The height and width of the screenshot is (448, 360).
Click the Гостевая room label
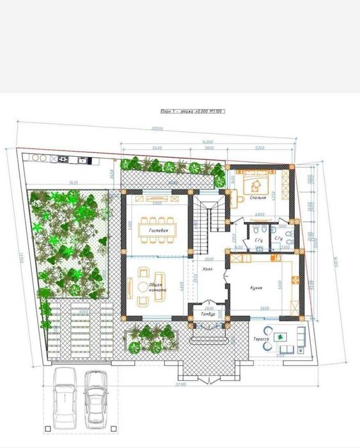pos(159,230)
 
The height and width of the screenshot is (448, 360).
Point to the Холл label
pos(207,269)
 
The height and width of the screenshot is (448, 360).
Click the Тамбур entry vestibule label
pos(208,315)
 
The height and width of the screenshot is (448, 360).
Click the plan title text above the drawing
pos(192,111)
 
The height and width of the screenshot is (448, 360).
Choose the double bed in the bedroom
pos(256,186)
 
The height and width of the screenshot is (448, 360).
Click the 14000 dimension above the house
pos(207,141)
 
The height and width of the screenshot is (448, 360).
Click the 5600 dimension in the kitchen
pos(263,308)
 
